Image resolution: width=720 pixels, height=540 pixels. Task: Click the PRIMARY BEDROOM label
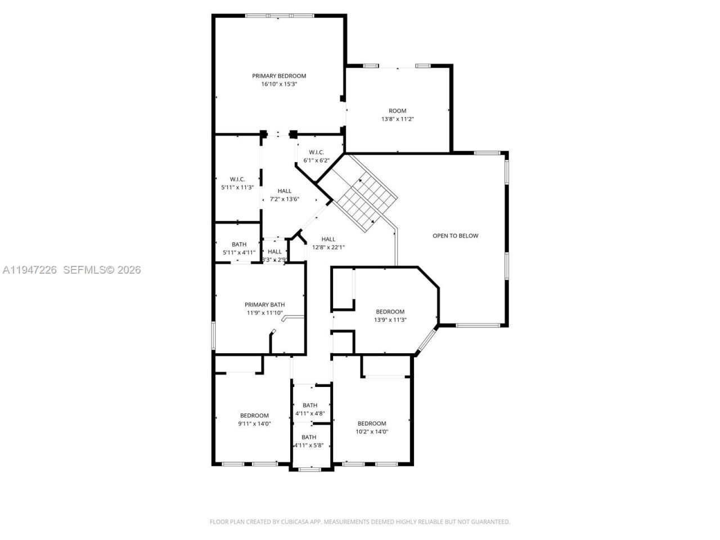pos(279,76)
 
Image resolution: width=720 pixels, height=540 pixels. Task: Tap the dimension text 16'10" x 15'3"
pos(279,84)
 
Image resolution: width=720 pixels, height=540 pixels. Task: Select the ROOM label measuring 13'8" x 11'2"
pos(397,111)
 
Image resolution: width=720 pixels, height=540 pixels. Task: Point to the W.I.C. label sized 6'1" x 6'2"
pos(316,152)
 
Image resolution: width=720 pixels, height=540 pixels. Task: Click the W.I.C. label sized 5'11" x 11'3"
pos(237,179)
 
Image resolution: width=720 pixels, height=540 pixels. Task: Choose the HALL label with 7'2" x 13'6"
pos(284,191)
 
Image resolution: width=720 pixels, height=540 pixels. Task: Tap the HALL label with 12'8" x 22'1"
pos(328,239)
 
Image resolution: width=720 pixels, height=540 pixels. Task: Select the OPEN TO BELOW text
pos(455,236)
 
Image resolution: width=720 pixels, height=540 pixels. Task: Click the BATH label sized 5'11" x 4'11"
pos(239,244)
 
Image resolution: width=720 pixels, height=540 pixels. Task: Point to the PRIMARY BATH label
pos(264,305)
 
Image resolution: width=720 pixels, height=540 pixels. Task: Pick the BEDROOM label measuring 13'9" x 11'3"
pos(390,312)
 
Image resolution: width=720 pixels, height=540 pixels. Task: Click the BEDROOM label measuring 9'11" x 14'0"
pos(254,416)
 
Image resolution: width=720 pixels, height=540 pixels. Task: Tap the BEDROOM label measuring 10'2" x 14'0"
pos(372,424)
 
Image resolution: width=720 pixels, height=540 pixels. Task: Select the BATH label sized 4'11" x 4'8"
pos(310,405)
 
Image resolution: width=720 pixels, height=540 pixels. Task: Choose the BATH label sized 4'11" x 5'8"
pos(309,437)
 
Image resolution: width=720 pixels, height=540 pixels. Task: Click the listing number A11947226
pos(29,270)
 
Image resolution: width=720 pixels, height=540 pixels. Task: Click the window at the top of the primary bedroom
pos(279,15)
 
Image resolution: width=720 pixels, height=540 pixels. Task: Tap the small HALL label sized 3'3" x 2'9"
pos(274,251)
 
